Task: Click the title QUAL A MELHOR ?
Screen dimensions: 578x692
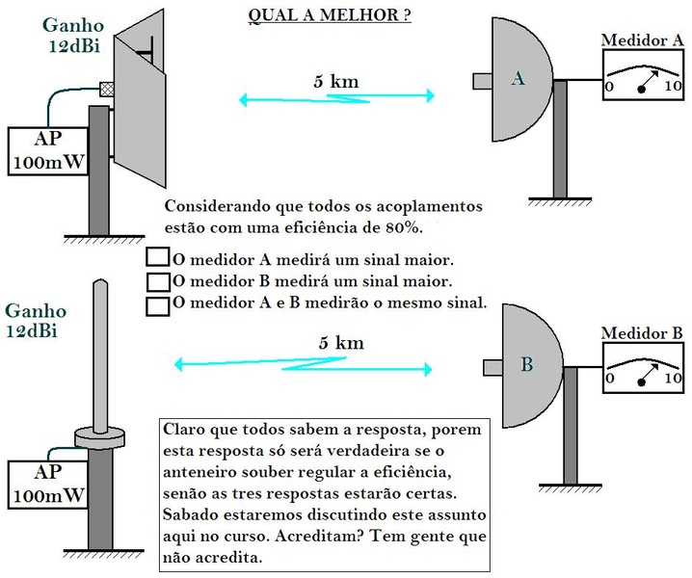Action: [x=330, y=16]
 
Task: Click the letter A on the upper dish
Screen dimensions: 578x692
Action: [x=518, y=80]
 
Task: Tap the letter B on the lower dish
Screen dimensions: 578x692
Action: [x=527, y=365]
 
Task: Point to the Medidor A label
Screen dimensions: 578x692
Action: [x=642, y=39]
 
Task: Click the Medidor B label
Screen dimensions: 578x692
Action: [x=642, y=333]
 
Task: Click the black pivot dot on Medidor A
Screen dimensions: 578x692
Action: [x=641, y=89]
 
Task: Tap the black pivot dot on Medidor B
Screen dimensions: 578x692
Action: [x=641, y=382]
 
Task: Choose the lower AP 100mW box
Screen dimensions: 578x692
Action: [x=46, y=485]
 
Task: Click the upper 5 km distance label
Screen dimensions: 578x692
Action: [x=335, y=82]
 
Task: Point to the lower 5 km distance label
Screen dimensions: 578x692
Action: [x=340, y=343]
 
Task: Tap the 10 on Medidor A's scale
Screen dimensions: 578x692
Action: [x=672, y=87]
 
